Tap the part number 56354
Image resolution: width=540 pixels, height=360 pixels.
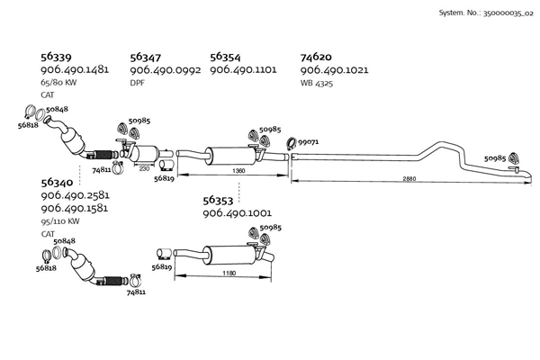(x=225, y=56)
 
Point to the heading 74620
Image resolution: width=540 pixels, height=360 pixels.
(x=316, y=56)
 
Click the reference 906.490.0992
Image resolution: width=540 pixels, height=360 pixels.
(x=165, y=70)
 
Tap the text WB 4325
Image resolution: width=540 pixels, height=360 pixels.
(x=319, y=84)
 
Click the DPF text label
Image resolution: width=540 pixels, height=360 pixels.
(x=137, y=84)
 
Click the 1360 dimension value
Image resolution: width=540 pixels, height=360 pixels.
(x=238, y=170)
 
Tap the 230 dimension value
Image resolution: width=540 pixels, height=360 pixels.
(x=145, y=168)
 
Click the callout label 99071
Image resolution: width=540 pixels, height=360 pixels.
(x=309, y=142)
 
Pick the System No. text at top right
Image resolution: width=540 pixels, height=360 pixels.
(x=485, y=13)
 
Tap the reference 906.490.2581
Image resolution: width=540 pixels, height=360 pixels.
(x=76, y=195)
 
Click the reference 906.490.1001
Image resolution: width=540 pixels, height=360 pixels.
(x=238, y=214)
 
